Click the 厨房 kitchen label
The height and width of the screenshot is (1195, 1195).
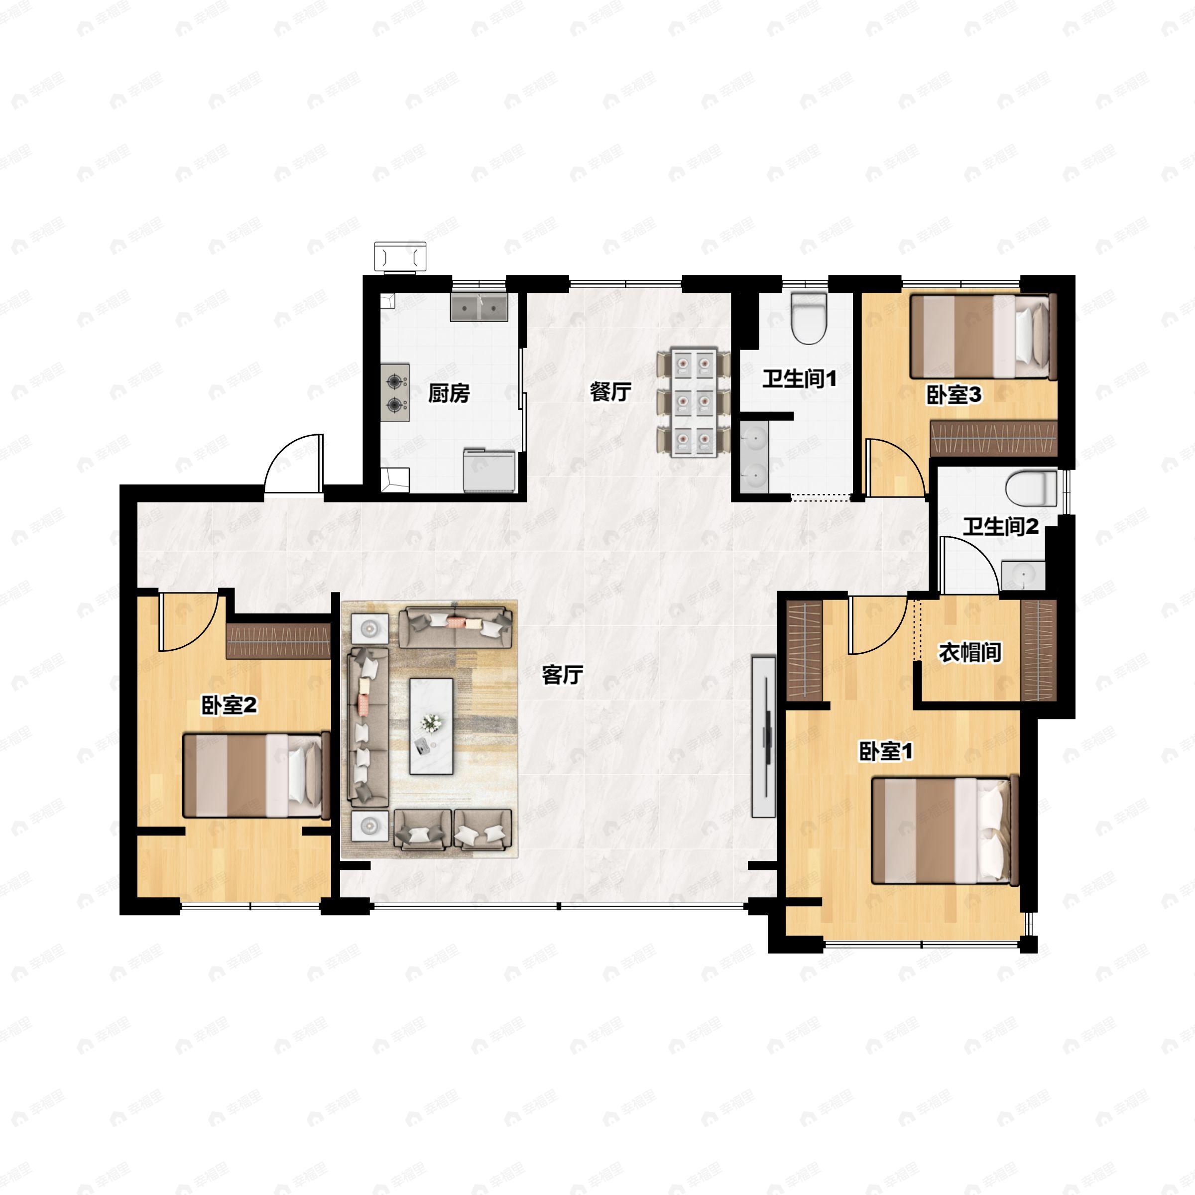pyautogui.click(x=449, y=393)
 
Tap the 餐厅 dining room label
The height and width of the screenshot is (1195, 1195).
pyautogui.click(x=610, y=391)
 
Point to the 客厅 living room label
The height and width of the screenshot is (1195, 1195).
pyautogui.click(x=562, y=675)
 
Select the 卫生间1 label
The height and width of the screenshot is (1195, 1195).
pyautogui.click(x=799, y=378)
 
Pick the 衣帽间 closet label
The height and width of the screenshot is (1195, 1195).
pyautogui.click(x=970, y=653)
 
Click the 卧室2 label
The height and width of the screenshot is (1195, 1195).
pyautogui.click(x=230, y=705)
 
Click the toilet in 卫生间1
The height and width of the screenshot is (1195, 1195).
pyautogui.click(x=809, y=318)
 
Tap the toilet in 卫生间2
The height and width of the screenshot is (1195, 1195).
pyautogui.click(x=1031, y=488)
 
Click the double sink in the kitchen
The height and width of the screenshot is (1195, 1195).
pyautogui.click(x=479, y=307)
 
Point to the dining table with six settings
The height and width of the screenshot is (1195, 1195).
pyautogui.click(x=694, y=403)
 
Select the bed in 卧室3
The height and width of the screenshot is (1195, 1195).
pyautogui.click(x=983, y=337)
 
